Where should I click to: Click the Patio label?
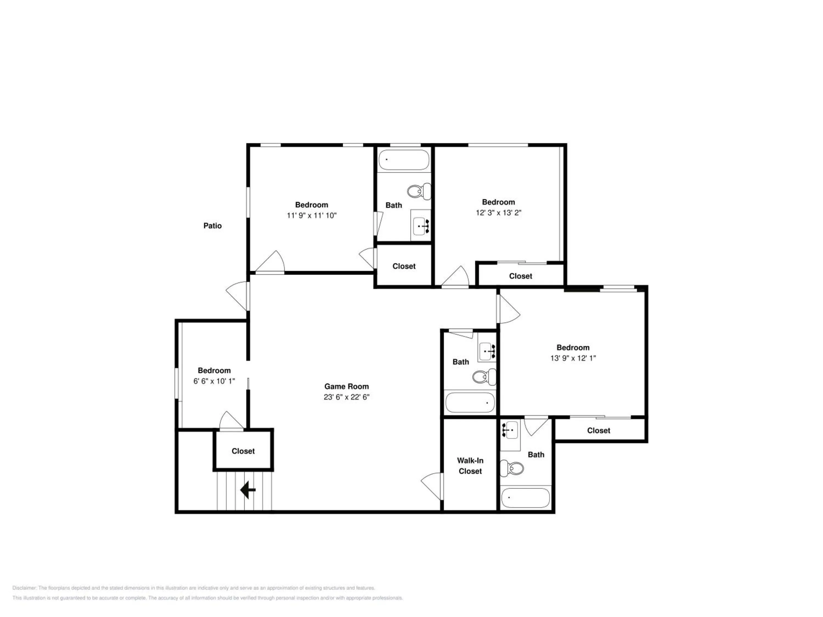coord(212,226)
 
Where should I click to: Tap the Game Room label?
coord(346,386)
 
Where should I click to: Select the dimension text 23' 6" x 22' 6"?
coord(346,397)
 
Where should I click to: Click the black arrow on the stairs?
coord(248,490)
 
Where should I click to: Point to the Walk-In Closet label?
coord(470,466)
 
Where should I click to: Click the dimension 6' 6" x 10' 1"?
coord(214,381)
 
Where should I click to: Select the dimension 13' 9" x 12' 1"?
coord(573,358)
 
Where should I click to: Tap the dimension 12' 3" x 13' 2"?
coord(498,213)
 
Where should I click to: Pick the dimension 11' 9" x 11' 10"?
coord(311,215)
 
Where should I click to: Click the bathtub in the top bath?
coord(404,160)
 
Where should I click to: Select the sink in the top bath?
coord(421,225)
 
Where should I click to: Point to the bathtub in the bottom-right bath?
coord(525,498)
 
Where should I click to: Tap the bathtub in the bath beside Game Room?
coord(470,402)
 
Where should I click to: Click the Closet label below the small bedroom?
coord(243,451)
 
